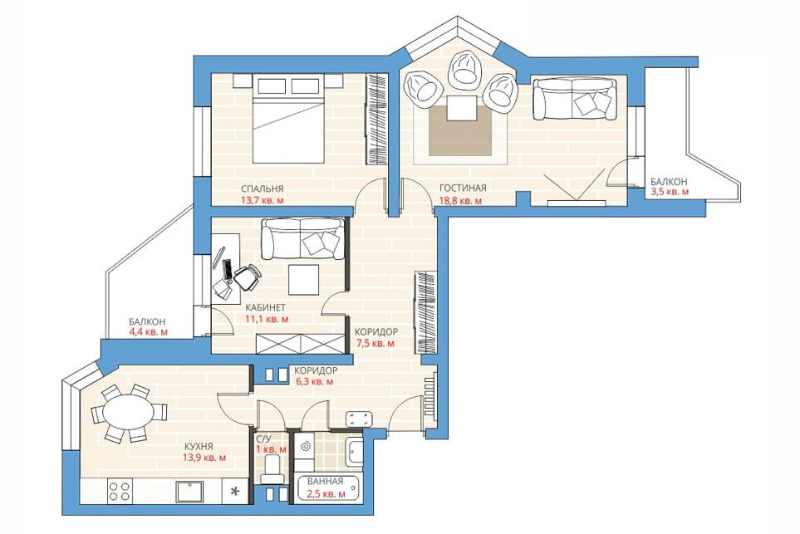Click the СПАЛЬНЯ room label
[263, 189]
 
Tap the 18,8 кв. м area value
[460, 200]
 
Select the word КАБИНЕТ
[265, 307]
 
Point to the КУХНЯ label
[199, 446]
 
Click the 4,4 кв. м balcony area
[149, 332]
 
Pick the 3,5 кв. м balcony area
[670, 192]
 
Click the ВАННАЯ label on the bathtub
[325, 481]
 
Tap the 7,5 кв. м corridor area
[375, 343]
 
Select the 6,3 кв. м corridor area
[315, 381]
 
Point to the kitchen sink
[189, 492]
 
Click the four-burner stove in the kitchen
[120, 492]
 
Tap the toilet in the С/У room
[272, 468]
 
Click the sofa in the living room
[574, 99]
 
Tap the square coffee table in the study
[303, 280]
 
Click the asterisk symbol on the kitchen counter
[235, 492]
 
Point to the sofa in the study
[303, 238]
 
